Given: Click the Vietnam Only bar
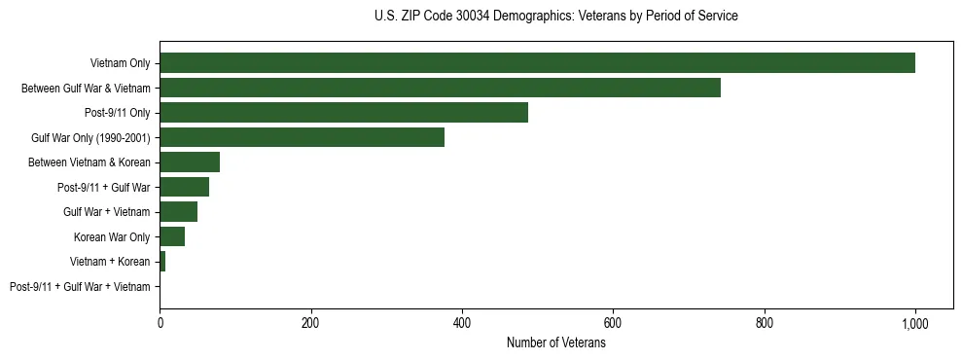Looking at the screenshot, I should click(x=537, y=63).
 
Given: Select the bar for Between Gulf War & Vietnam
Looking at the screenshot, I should click(x=440, y=88).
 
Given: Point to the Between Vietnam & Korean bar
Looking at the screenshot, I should click(x=190, y=162).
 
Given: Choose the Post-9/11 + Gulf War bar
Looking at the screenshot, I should click(x=184, y=187).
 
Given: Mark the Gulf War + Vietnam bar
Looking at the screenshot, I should click(x=178, y=212).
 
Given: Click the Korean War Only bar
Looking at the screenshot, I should click(x=172, y=236).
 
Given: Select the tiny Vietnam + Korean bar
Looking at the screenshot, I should click(x=162, y=262).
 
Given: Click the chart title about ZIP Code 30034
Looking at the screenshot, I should click(x=555, y=17).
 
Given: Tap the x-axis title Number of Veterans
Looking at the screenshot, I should click(x=555, y=343).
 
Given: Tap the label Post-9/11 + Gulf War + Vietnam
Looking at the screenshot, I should click(x=80, y=287).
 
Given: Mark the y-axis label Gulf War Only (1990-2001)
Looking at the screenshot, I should click(x=90, y=138).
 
